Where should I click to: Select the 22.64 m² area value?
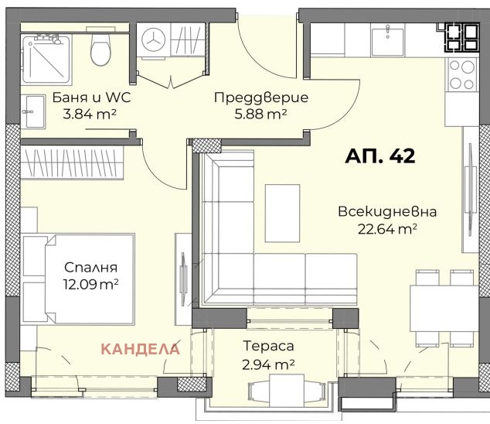[387, 227]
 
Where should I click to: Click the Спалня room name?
[91, 268]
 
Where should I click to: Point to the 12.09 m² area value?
[91, 284]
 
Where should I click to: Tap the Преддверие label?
[260, 98]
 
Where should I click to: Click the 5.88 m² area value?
[260, 114]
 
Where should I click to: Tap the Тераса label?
[267, 347]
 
